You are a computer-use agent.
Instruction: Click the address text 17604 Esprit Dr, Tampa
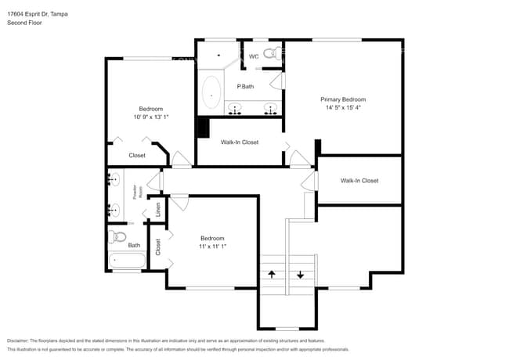(36, 13)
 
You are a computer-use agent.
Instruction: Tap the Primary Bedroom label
(343, 99)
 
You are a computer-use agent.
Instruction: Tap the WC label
(254, 56)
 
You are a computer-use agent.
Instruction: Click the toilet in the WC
(272, 55)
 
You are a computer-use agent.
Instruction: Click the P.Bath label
(245, 86)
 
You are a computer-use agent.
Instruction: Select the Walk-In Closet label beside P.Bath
(240, 142)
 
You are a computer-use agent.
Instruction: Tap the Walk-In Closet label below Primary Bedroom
(359, 181)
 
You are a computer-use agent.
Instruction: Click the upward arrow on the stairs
(272, 275)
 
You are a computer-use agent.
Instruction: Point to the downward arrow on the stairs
(301, 275)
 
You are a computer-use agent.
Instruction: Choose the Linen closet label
(157, 210)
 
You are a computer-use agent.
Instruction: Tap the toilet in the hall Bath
(119, 236)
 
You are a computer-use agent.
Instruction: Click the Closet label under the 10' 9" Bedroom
(137, 156)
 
